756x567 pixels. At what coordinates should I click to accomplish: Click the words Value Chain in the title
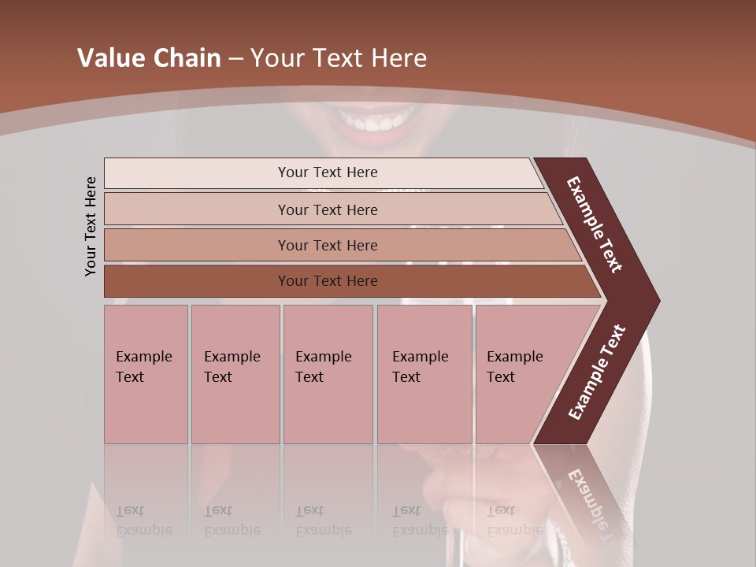(149, 58)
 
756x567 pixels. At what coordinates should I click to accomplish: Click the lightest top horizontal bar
(197, 172)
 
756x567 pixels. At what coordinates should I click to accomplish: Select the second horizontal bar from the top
(197, 209)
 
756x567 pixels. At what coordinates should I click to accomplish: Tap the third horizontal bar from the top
(197, 245)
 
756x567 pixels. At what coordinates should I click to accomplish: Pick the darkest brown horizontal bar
(197, 281)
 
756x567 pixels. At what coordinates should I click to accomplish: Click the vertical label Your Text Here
(91, 226)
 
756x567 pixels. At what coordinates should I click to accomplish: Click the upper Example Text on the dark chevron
(595, 224)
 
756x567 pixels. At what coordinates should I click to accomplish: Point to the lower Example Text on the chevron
(597, 372)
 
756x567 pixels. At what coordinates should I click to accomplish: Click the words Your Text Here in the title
(339, 58)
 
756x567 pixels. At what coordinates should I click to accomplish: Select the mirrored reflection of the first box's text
(143, 521)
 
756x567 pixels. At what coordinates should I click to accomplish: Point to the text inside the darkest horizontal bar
(328, 281)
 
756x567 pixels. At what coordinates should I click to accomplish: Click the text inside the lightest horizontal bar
(328, 172)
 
